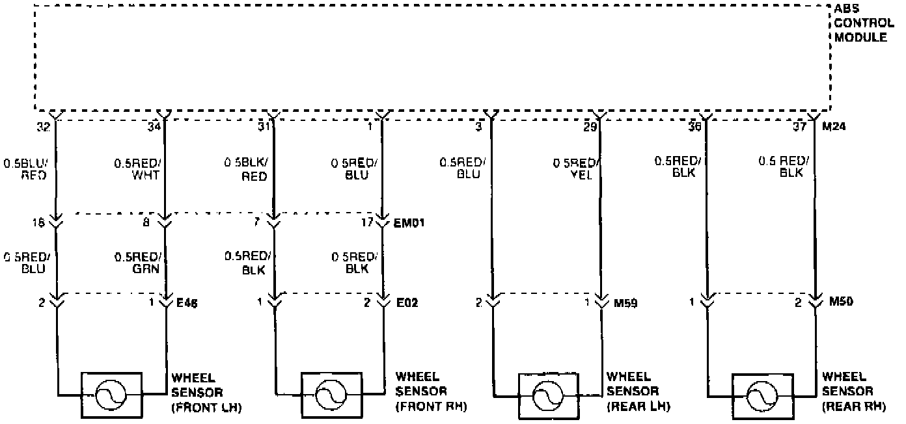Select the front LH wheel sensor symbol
pos(111,395)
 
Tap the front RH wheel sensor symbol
pos(331,395)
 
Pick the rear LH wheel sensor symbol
pos(547,395)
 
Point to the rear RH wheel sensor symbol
pos(762,395)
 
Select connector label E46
pos(188,302)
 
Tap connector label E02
pos(407,302)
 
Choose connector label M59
pos(625,302)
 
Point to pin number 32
pos(43,127)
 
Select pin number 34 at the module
pos(153,127)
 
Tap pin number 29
pos(590,127)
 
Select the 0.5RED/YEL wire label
pos(575,169)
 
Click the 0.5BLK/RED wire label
pos(246,169)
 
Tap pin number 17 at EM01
pos(367,223)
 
